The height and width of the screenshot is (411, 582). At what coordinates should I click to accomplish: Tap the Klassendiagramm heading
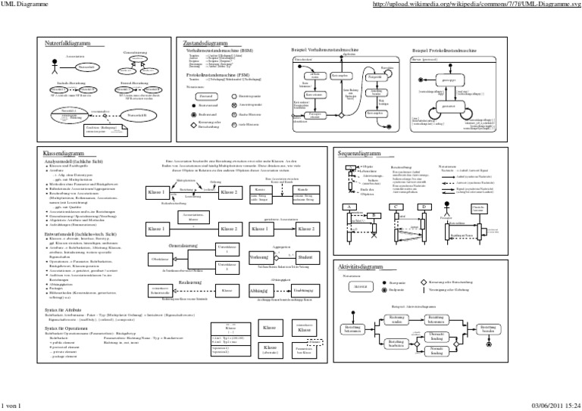click(64, 153)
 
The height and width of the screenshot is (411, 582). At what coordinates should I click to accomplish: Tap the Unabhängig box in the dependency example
click(303, 311)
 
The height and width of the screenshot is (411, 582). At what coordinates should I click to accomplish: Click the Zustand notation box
click(204, 97)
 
